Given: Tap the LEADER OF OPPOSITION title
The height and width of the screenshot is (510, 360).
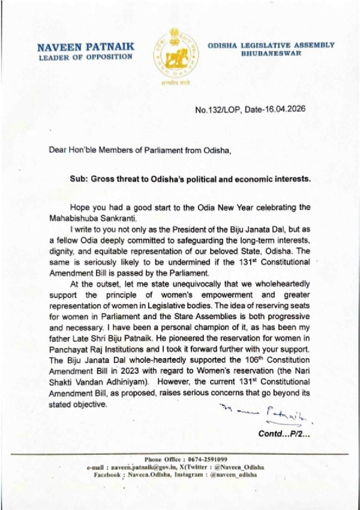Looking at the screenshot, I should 84,57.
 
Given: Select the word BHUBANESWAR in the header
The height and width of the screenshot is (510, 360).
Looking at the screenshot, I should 270,53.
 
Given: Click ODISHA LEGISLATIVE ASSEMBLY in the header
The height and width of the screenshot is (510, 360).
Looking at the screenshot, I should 270,45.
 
